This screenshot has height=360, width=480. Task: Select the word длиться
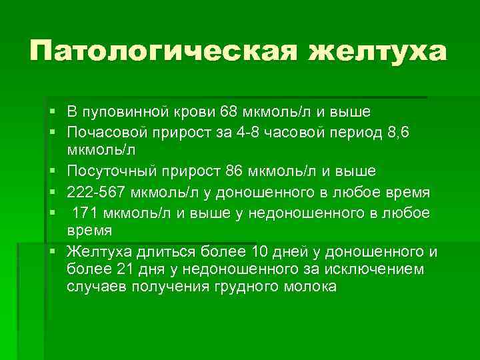pyautogui.click(x=167, y=252)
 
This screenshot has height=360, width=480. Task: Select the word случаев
pyautogui.click(x=94, y=287)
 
